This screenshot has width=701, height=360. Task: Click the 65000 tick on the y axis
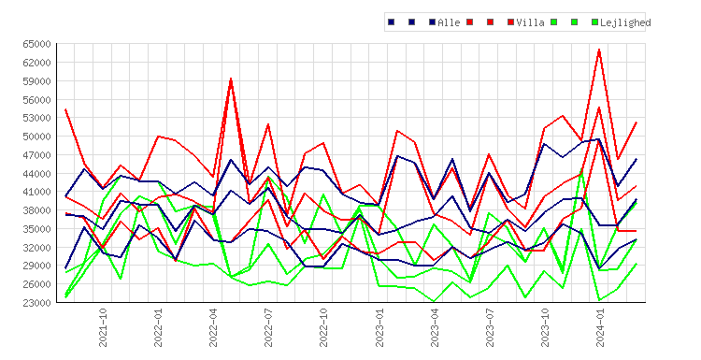point(38,44)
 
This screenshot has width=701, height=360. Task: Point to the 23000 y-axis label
point(38,303)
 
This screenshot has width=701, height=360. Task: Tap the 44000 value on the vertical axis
point(38,174)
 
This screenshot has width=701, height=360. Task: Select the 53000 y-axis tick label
point(38,118)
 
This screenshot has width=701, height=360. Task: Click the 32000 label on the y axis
point(38,247)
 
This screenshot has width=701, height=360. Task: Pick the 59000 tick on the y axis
point(38,81)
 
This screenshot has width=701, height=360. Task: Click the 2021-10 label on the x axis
point(103,327)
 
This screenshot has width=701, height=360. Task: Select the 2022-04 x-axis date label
point(213,327)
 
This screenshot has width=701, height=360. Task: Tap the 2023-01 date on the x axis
point(379,327)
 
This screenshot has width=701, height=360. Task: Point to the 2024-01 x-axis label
point(600,327)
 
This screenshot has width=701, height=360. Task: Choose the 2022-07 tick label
point(268,327)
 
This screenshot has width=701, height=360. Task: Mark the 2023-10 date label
point(545,327)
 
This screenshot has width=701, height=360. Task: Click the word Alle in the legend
point(449,22)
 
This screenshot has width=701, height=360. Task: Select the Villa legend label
point(530,22)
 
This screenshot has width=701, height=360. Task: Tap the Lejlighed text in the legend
point(625,22)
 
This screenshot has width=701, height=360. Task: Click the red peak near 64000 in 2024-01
point(599,50)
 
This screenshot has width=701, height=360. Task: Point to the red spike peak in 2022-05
point(231,79)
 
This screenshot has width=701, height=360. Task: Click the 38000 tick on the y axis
point(38,210)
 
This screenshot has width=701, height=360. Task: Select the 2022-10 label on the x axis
point(323,327)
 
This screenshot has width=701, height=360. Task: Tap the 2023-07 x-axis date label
point(489,327)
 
